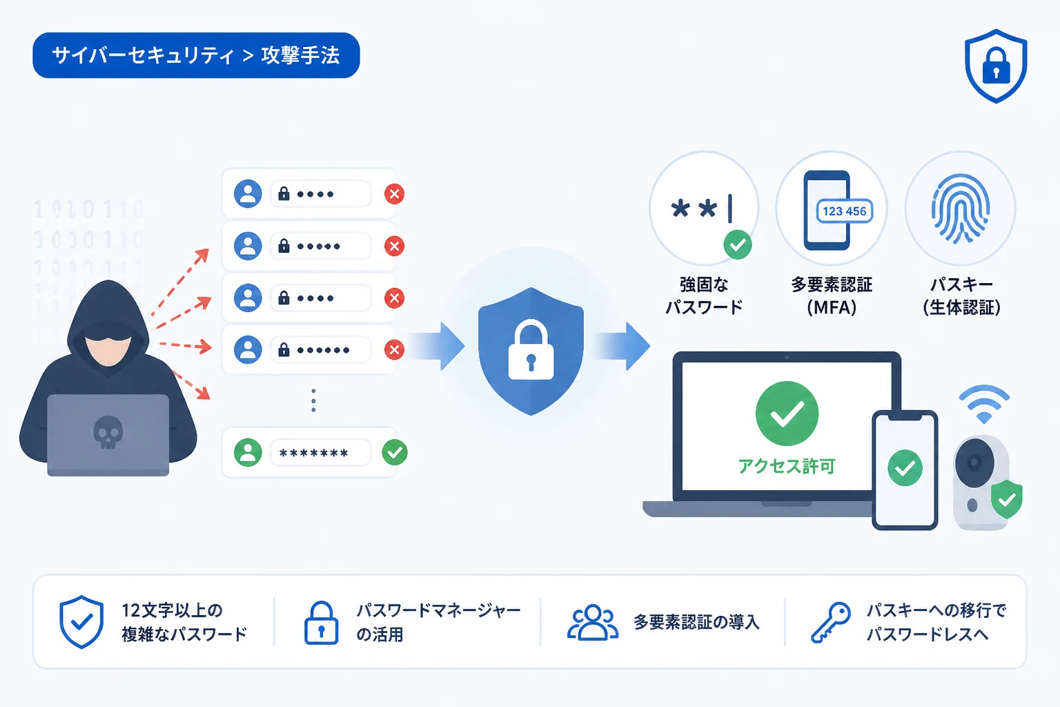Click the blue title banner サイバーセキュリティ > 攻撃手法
[x=196, y=55]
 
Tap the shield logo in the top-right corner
[x=996, y=66]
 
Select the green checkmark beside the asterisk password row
[x=395, y=452]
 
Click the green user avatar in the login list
[x=248, y=452]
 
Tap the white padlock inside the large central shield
[x=531, y=351]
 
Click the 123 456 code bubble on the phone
[x=845, y=211]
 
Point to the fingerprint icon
[x=960, y=209]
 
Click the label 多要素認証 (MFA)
[x=832, y=296]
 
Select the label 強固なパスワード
[x=704, y=296]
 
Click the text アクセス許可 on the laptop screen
[x=787, y=467]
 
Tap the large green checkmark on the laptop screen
[x=787, y=414]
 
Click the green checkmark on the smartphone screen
[x=905, y=468]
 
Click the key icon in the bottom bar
[x=830, y=622]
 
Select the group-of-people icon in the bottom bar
[x=593, y=622]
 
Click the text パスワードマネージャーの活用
[x=438, y=622]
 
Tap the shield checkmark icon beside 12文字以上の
[x=81, y=622]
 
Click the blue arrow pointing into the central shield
[x=436, y=346]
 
